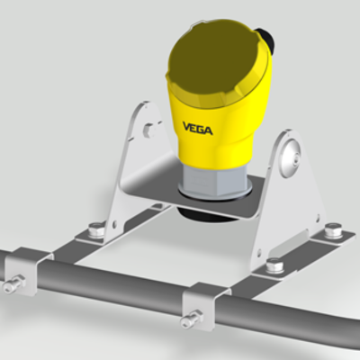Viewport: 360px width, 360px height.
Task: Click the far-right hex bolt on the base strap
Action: tap(332, 230)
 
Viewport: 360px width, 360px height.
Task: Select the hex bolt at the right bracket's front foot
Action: tap(274, 266)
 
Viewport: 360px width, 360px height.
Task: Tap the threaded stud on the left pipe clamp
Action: tap(11, 286)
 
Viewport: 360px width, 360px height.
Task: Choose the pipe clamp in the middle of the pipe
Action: tap(203, 306)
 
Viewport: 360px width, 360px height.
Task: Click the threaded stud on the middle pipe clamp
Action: tap(191, 319)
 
